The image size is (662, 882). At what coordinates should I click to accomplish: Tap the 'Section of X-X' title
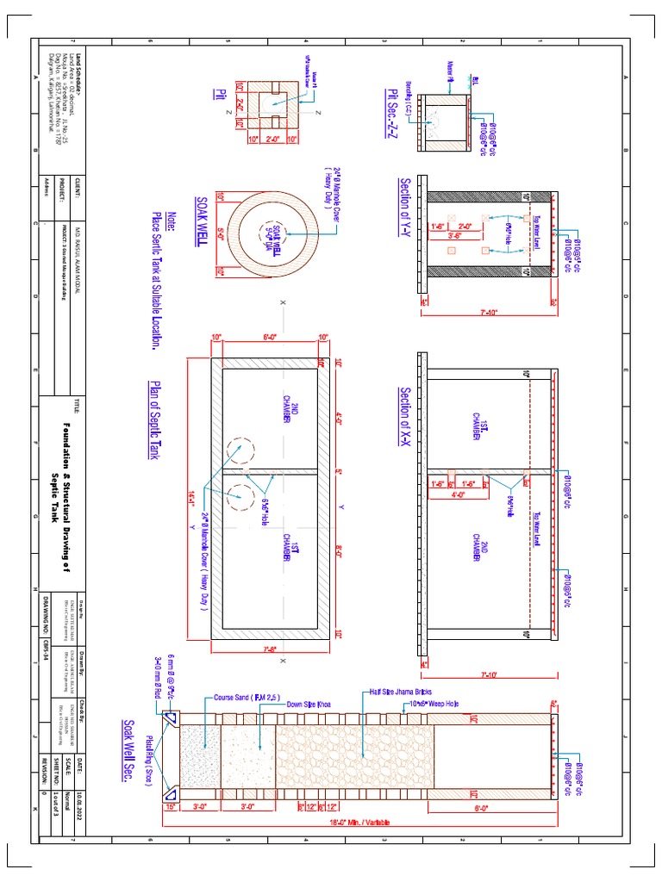pyautogui.click(x=404, y=417)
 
